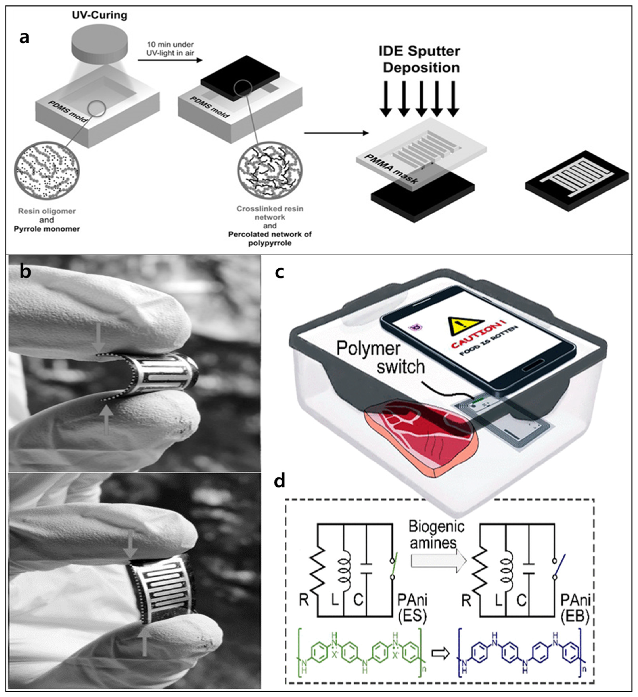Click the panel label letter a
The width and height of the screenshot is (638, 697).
click(x=24, y=37)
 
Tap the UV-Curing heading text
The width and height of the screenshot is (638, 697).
click(x=100, y=15)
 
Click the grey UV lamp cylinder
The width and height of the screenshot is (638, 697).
click(x=99, y=47)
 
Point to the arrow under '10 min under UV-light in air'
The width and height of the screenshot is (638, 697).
click(x=170, y=60)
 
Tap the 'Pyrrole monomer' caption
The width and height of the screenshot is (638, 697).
click(x=47, y=229)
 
